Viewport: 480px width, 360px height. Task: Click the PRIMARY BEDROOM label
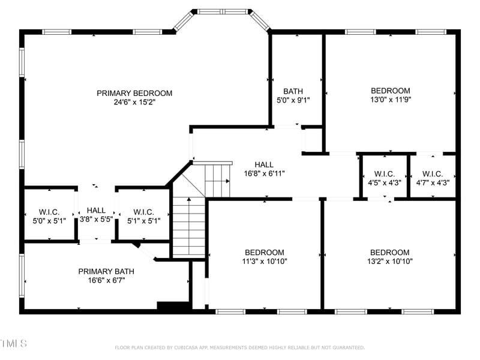click(134, 93)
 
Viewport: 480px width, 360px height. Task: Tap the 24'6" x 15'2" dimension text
click(134, 102)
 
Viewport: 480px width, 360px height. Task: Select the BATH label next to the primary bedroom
click(293, 91)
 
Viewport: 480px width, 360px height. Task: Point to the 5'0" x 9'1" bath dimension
click(293, 100)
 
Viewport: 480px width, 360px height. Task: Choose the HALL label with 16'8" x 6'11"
click(264, 164)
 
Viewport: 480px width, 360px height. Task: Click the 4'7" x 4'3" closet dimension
click(433, 183)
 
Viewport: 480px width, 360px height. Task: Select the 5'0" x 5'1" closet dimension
click(49, 220)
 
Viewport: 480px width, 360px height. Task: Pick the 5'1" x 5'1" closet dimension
click(144, 220)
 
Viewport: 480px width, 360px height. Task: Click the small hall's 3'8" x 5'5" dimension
click(96, 220)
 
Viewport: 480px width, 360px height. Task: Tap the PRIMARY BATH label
click(106, 271)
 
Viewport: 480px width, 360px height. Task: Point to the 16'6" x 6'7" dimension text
click(106, 280)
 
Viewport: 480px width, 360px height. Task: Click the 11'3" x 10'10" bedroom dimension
click(264, 261)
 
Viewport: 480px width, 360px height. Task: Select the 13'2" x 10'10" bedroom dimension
click(390, 261)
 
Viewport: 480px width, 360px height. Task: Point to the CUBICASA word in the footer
click(187, 347)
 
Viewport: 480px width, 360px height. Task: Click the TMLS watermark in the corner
click(13, 344)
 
